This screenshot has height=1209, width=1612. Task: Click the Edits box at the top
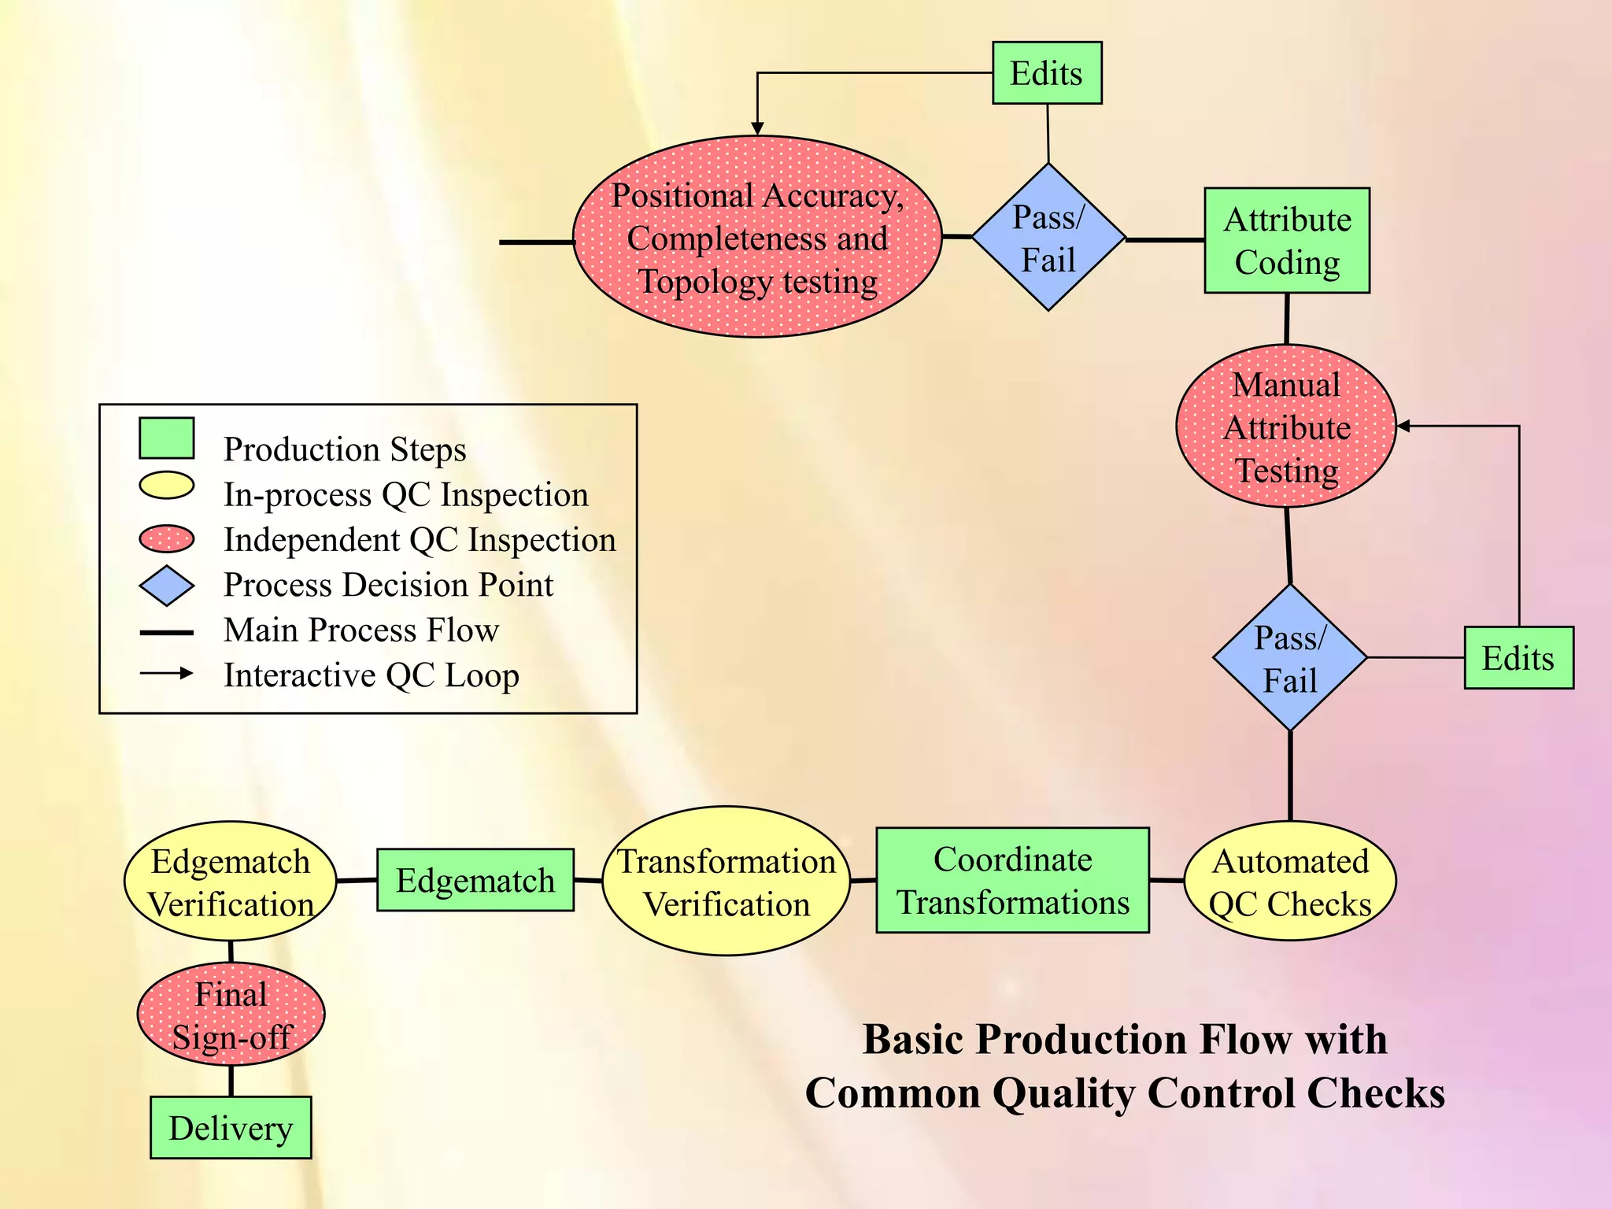(x=1046, y=73)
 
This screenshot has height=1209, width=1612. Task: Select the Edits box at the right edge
(x=1518, y=658)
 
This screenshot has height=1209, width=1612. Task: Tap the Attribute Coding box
(x=1287, y=241)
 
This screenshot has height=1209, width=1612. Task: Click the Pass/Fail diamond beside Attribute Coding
(x=1048, y=238)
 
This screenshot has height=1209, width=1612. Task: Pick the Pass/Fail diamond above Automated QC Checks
(x=1289, y=658)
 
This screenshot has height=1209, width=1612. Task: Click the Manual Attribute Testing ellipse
(x=1286, y=427)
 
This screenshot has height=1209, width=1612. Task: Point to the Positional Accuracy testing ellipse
(x=757, y=238)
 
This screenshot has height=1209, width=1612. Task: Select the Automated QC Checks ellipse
(x=1290, y=882)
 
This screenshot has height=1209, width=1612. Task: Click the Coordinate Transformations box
(x=1012, y=881)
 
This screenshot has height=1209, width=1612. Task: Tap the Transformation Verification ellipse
(x=726, y=882)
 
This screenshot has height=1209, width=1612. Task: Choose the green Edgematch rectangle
(x=475, y=880)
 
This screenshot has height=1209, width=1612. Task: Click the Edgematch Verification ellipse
(x=231, y=882)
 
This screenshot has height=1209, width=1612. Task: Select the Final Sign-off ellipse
(x=231, y=1015)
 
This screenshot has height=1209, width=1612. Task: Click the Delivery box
(x=231, y=1128)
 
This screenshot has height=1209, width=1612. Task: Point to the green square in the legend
(x=166, y=438)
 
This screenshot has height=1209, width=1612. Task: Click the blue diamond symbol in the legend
(x=166, y=586)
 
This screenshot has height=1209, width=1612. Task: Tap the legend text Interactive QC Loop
(x=371, y=675)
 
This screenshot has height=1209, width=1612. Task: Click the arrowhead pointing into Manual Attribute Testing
(x=1403, y=426)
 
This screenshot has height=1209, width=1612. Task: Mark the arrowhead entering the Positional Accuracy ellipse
(x=757, y=128)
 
